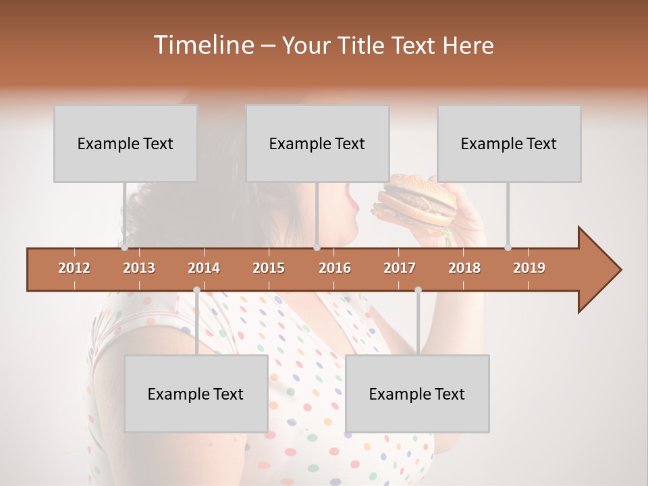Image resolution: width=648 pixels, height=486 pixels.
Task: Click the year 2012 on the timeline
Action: coord(74,268)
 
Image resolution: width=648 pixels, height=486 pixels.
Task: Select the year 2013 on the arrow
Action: coord(139,268)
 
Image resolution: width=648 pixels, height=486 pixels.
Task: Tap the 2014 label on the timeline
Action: coord(204,268)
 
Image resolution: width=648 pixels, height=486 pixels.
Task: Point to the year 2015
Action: coord(269,268)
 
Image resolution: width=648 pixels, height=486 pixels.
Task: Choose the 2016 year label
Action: coord(335,268)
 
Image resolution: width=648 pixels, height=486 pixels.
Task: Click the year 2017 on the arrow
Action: coord(400,268)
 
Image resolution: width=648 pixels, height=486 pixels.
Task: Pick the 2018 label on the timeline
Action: coord(464,268)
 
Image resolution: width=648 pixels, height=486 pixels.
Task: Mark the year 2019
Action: coord(529,268)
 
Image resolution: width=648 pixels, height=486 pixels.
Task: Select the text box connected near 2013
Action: coord(126,143)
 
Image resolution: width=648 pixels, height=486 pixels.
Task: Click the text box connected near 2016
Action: coord(317,143)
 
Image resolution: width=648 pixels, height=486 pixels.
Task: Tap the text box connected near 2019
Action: coord(509,143)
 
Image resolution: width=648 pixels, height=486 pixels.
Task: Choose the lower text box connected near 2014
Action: coord(196,394)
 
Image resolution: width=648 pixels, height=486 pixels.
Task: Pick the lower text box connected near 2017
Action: coord(417,394)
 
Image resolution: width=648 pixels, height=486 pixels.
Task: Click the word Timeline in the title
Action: coord(202,45)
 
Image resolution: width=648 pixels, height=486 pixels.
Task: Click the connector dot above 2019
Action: coord(508,247)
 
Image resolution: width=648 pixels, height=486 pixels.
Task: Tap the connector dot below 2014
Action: coord(196,290)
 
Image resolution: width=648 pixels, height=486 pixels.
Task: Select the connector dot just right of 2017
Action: coord(418,290)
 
